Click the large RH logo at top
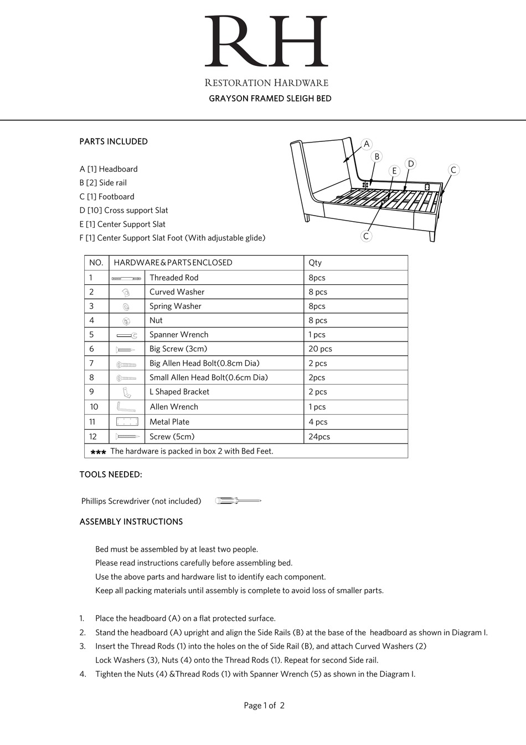tap(266, 42)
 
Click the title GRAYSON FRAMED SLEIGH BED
tap(270, 99)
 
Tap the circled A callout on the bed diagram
tap(367, 144)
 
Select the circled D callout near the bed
tap(410, 164)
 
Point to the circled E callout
tap(394, 171)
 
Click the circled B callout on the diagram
tap(377, 157)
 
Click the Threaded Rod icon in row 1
tap(126, 278)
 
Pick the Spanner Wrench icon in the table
tap(126, 335)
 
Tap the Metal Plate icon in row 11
tap(126, 422)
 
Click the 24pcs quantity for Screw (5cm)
tap(319, 437)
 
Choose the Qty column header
tap(315, 263)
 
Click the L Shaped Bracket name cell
tap(179, 392)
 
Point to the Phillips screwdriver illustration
tap(238, 501)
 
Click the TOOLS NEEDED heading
tap(111, 474)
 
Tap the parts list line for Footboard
tap(107, 197)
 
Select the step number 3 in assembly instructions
tap(82, 646)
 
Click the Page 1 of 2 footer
tap(264, 706)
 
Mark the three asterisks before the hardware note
tap(98, 452)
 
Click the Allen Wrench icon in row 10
tap(126, 407)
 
